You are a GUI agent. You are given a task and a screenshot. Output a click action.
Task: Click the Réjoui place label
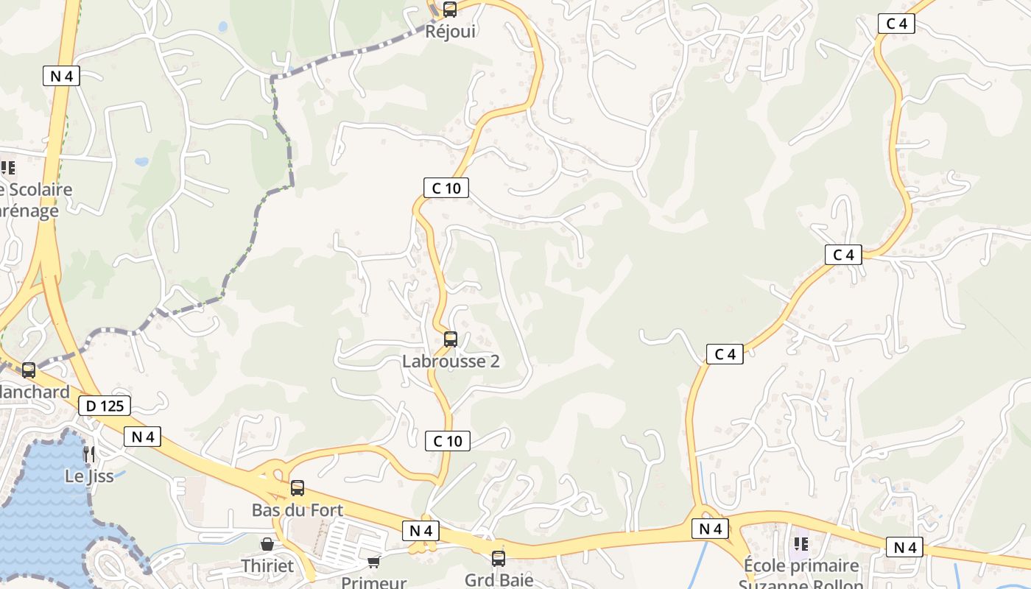point(451,31)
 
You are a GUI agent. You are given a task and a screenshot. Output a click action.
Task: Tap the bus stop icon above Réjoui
point(449,10)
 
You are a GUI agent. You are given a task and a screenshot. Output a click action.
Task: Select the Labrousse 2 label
point(451,361)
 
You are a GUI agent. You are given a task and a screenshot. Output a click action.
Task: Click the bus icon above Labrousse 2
point(451,339)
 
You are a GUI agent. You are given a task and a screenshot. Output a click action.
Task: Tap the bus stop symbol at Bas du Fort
point(298,487)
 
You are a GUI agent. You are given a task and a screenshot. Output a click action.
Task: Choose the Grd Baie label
point(499,579)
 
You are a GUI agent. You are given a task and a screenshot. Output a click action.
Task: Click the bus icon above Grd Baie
point(499,558)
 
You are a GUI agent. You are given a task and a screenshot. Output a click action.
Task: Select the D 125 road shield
point(104,406)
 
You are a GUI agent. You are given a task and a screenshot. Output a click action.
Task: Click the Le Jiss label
point(89,476)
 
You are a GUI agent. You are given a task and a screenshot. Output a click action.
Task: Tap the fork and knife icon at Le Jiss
point(89,454)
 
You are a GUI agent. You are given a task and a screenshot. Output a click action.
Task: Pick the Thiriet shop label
point(267,566)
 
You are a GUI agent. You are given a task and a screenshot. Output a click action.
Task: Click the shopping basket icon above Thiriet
point(267,544)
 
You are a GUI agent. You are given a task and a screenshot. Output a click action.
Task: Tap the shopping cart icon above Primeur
point(374,562)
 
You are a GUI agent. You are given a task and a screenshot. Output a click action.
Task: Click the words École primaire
point(801,566)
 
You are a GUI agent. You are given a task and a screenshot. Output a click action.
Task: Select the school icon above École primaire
point(801,544)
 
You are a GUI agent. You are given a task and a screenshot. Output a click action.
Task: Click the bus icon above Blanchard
point(29,370)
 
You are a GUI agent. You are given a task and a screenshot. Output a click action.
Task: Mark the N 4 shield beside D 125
point(143,437)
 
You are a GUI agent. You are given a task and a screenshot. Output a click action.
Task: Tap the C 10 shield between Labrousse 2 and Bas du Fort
point(447,441)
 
